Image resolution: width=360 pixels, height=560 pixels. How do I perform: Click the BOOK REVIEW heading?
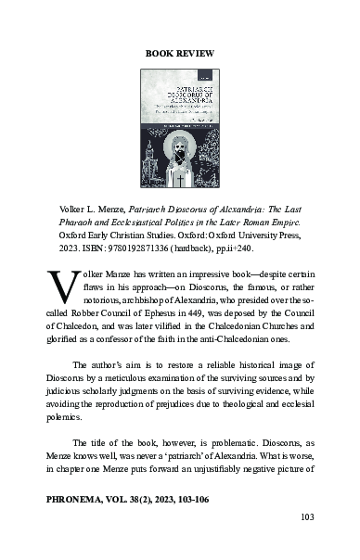180,54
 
